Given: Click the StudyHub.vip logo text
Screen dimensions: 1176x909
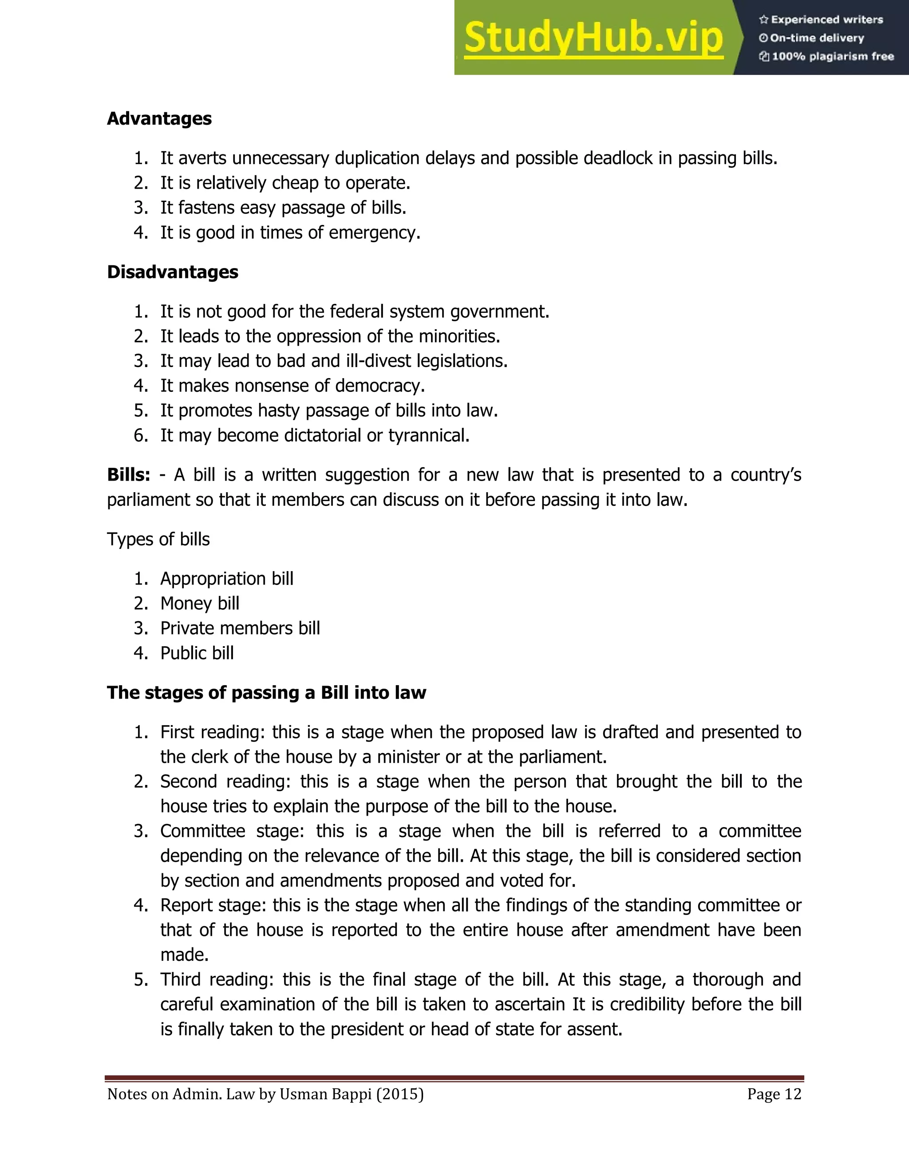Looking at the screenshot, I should pos(593,38).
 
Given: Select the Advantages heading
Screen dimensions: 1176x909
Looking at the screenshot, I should pos(159,118).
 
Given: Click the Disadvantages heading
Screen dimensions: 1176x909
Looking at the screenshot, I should pos(172,272).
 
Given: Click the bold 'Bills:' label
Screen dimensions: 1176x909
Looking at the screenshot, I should pos(128,475).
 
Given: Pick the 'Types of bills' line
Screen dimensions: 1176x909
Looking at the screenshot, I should pos(158,539).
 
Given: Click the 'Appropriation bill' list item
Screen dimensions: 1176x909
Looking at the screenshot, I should pos(227,579).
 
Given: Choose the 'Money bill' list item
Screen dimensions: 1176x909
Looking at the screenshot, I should pos(200,604).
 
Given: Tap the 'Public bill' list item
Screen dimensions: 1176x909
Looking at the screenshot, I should pos(197,653).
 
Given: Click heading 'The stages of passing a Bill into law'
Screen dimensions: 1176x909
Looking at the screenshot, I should pos(266,692).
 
